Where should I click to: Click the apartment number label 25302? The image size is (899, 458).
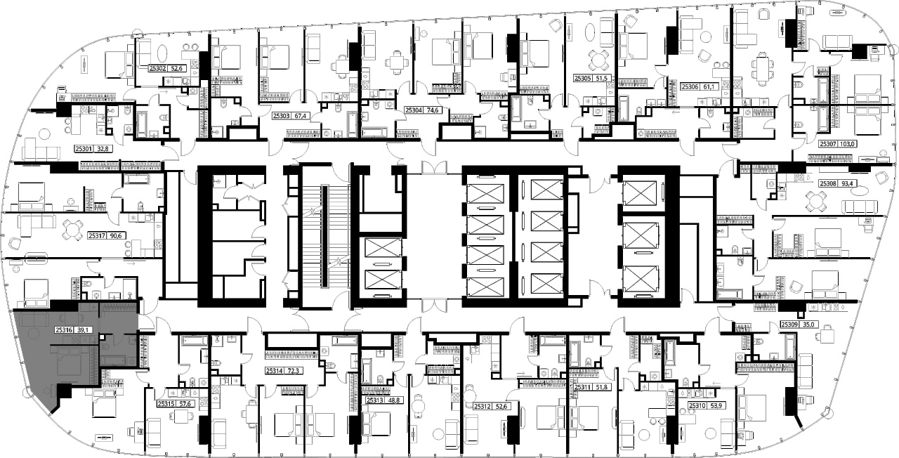pos(157,69)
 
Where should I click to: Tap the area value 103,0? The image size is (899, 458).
pos(846,144)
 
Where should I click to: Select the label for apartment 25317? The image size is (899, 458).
pos(97,235)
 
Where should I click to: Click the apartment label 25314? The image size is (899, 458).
pos(274,371)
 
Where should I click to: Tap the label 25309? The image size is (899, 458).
pos(789,325)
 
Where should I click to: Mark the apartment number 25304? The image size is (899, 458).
pos(413,110)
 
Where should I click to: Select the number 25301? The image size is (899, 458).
pos(84,149)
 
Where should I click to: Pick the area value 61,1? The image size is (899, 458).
pos(707,86)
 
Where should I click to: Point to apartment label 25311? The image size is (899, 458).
pos(582,387)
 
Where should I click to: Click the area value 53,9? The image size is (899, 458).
pos(716,406)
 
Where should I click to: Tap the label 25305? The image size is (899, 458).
pos(582,78)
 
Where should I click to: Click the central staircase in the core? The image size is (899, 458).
pos(325,236)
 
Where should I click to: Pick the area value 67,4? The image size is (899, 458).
pos(300,116)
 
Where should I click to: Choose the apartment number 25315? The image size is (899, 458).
pos(166,404)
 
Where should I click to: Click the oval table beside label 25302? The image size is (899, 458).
pos(162,53)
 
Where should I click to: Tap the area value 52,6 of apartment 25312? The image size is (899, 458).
pos(501,406)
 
